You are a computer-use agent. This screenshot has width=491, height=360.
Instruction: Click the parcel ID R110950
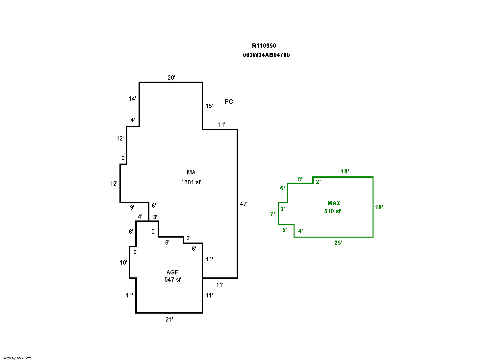pyautogui.click(x=264, y=46)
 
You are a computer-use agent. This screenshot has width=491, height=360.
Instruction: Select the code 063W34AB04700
pyautogui.click(x=266, y=55)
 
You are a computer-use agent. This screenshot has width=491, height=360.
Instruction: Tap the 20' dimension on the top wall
pyautogui.click(x=171, y=78)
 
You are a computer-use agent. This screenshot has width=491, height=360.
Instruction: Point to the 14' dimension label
pyautogui.click(x=132, y=99)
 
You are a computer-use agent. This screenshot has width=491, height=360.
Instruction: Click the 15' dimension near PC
pyautogui.click(x=209, y=106)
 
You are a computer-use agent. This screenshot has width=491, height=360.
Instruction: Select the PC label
pyautogui.click(x=229, y=102)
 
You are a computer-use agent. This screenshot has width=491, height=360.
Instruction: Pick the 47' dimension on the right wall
pyautogui.click(x=243, y=204)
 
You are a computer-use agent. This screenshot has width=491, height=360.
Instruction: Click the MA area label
pyautogui.click(x=191, y=172)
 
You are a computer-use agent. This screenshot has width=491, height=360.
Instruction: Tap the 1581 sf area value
pyautogui.click(x=191, y=182)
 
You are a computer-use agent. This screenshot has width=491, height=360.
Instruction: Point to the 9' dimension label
pyautogui.click(x=132, y=208)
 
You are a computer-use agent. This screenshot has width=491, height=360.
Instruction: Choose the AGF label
pyautogui.click(x=172, y=272)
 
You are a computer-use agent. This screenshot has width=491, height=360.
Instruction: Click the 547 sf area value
pyautogui.click(x=172, y=280)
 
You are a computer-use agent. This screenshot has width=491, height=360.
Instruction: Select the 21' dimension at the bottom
pyautogui.click(x=169, y=320)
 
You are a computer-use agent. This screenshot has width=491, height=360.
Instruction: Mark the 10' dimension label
pyautogui.click(x=123, y=263)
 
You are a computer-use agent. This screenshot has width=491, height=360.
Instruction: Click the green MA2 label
pyautogui.click(x=333, y=203)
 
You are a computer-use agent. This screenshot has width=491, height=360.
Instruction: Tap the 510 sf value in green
pyautogui.click(x=332, y=211)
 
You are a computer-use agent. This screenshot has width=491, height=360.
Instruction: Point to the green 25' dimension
pyautogui.click(x=338, y=243)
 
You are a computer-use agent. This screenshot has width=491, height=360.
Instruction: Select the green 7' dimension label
pyautogui.click(x=272, y=214)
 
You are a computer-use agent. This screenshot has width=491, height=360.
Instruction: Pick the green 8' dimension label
pyautogui.click(x=300, y=179)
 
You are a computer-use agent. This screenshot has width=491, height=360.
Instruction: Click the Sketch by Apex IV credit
pyautogui.click(x=16, y=358)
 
